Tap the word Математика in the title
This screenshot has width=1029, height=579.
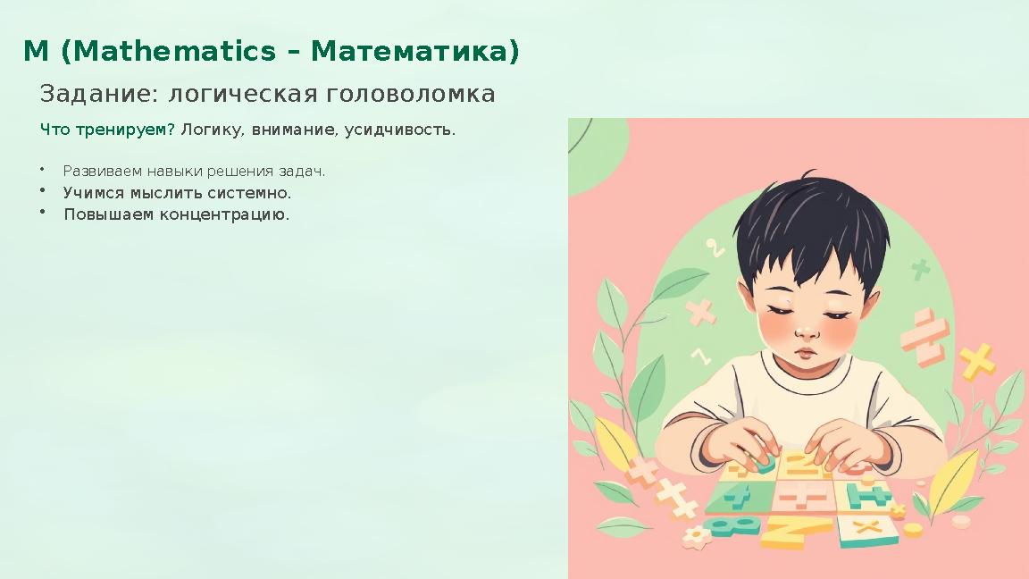[x=414, y=52]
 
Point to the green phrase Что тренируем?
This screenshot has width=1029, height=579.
[x=107, y=130]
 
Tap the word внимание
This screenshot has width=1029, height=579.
[x=294, y=130]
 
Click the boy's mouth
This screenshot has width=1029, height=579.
[x=807, y=352]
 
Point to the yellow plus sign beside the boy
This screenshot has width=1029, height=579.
[x=977, y=362]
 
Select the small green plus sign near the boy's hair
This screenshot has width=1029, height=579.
[x=920, y=268]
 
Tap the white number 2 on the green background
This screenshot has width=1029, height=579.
[x=715, y=248]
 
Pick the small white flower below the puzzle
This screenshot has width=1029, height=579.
[x=695, y=537]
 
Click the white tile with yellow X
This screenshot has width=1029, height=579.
[x=866, y=528]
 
